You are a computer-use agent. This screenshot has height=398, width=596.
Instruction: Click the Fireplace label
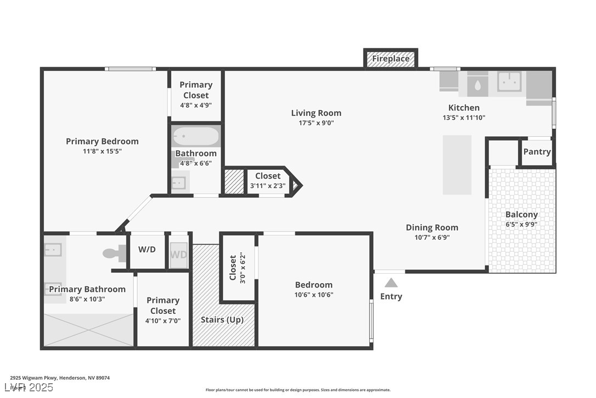coord(391,58)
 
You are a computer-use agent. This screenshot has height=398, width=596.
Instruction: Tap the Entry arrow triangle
coord(391,283)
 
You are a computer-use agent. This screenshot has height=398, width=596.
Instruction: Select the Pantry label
coord(537,152)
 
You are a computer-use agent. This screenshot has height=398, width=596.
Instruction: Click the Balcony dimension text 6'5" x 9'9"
coord(521,224)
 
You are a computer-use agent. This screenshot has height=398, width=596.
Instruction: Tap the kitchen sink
coord(509,81)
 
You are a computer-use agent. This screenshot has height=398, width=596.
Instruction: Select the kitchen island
coord(457,165)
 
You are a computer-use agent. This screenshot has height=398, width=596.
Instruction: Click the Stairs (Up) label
coord(222,319)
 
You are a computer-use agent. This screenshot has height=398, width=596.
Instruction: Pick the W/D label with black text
coord(147,249)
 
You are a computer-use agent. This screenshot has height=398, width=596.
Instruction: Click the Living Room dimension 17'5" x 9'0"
coord(316,123)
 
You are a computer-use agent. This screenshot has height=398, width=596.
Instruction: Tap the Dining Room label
coord(432,228)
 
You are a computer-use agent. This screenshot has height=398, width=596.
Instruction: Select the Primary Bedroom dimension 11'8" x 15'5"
coord(102,151)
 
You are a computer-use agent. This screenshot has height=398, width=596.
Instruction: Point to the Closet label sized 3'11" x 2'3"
coord(267,176)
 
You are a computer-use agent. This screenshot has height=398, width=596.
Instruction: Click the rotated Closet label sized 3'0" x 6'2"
coord(233,267)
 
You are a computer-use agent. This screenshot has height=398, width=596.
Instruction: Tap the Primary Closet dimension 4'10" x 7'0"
coord(163,320)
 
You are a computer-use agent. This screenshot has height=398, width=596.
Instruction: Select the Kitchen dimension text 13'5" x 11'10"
coord(464,118)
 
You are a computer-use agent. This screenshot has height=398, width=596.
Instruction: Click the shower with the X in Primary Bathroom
coord(88,330)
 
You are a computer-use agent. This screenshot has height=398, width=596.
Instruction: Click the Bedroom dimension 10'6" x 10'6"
coord(314,295)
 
